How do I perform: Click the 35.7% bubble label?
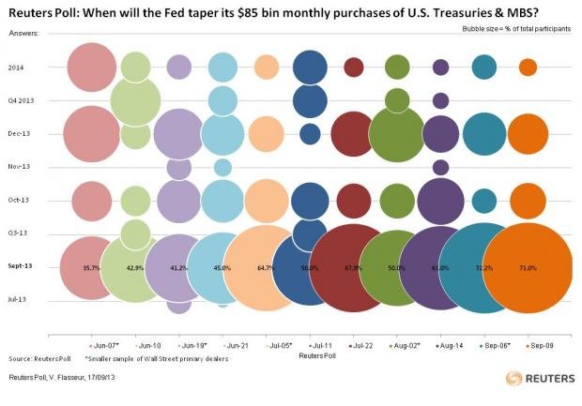(x=91, y=267)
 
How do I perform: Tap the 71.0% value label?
(x=527, y=268)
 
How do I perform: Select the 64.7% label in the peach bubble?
(x=266, y=268)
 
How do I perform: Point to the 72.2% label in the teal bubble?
(x=485, y=268)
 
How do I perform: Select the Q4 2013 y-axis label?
(x=21, y=100)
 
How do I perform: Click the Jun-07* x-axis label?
(x=104, y=346)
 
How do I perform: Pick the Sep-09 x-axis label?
(x=540, y=346)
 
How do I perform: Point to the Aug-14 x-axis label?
(x=453, y=346)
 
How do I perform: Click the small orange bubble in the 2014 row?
(x=528, y=67)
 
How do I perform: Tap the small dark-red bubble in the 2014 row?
(x=354, y=67)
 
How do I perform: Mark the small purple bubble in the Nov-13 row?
(x=440, y=167)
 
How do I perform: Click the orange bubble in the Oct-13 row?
(x=528, y=200)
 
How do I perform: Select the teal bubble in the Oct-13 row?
(x=484, y=200)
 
